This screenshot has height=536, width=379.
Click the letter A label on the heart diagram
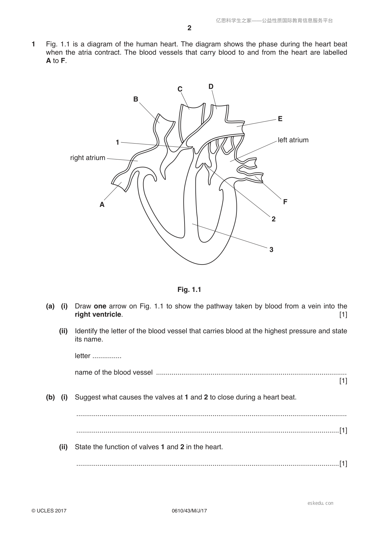[x=102, y=205]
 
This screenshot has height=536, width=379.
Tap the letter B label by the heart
[x=136, y=99]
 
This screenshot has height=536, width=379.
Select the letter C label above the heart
[x=180, y=89]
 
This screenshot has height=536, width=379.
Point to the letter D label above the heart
[x=211, y=86]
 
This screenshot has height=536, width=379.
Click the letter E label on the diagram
[x=280, y=119]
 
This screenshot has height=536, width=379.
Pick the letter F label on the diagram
[x=285, y=202]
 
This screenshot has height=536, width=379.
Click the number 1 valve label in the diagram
[x=117, y=142]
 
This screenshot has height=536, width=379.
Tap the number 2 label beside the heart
[x=273, y=219]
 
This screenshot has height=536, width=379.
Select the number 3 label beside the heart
[x=271, y=250]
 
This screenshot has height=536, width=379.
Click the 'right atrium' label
[x=88, y=158]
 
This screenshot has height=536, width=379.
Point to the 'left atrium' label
[x=293, y=140]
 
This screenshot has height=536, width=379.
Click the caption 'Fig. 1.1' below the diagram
[x=189, y=290]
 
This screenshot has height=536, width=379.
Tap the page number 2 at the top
[x=189, y=28]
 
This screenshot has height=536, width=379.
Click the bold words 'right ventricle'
[x=98, y=314]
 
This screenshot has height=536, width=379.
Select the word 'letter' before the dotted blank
[x=82, y=356]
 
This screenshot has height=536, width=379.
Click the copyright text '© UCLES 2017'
[x=49, y=511]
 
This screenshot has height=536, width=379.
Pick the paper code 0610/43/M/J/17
[x=189, y=511]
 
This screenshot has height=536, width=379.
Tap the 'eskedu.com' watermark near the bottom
[x=320, y=503]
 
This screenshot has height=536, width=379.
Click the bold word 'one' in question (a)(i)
[x=100, y=306]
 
